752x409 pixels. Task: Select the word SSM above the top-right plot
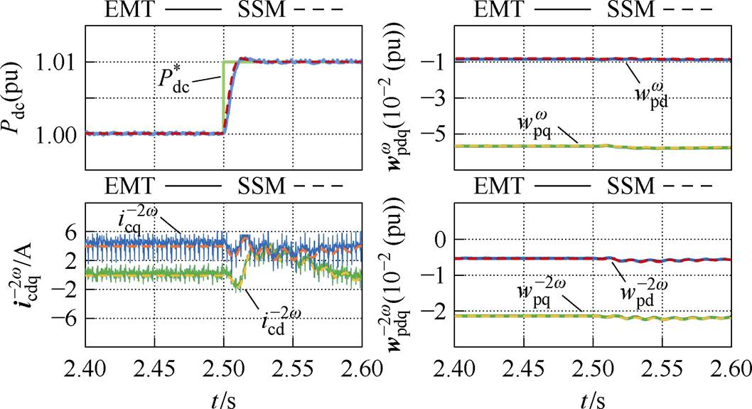[x=633, y=11]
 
